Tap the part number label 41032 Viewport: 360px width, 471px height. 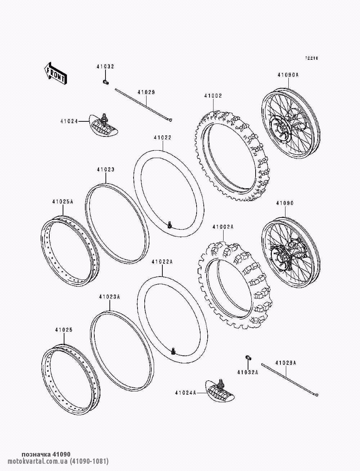[105, 67]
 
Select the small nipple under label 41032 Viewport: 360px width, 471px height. [105, 82]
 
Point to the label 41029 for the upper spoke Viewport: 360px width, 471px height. [146, 92]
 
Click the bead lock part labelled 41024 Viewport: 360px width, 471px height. [103, 125]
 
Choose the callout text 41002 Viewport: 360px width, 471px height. [213, 96]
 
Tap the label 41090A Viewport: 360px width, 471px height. [288, 75]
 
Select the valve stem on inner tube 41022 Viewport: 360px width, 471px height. [170, 224]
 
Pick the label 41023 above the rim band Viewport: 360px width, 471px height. [105, 170]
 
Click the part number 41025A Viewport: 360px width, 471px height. [63, 202]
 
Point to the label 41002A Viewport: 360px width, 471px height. [223, 227]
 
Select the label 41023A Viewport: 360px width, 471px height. [109, 297]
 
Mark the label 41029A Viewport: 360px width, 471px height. [285, 363]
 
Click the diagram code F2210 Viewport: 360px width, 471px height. [312, 58]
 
